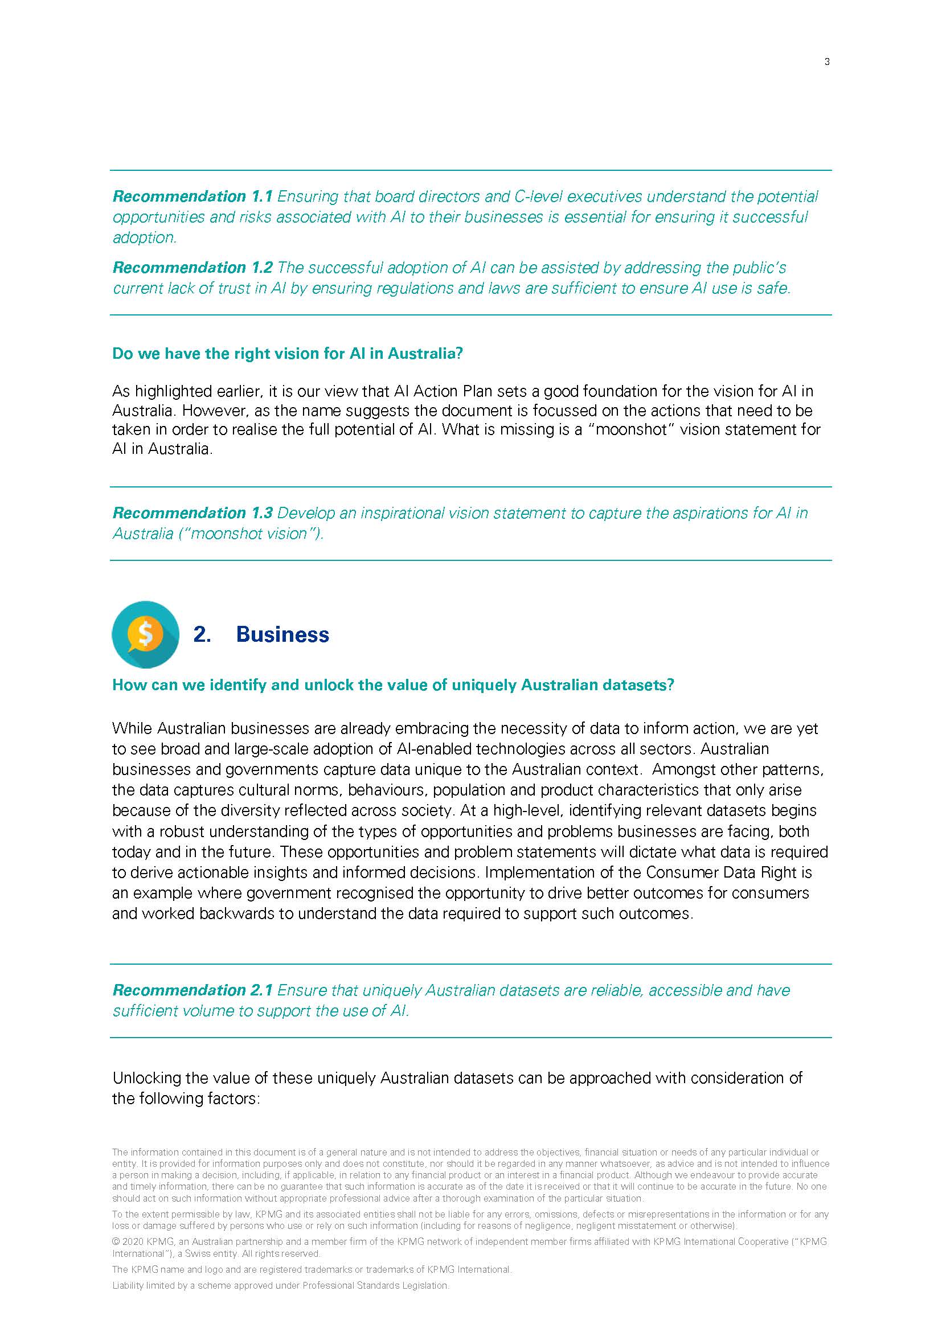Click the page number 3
pos(826,62)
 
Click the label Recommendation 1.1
pos(192,196)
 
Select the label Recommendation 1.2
pos(192,268)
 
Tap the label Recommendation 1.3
pos(192,514)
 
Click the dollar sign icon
pos(145,634)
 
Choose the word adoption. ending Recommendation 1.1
pos(145,238)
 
